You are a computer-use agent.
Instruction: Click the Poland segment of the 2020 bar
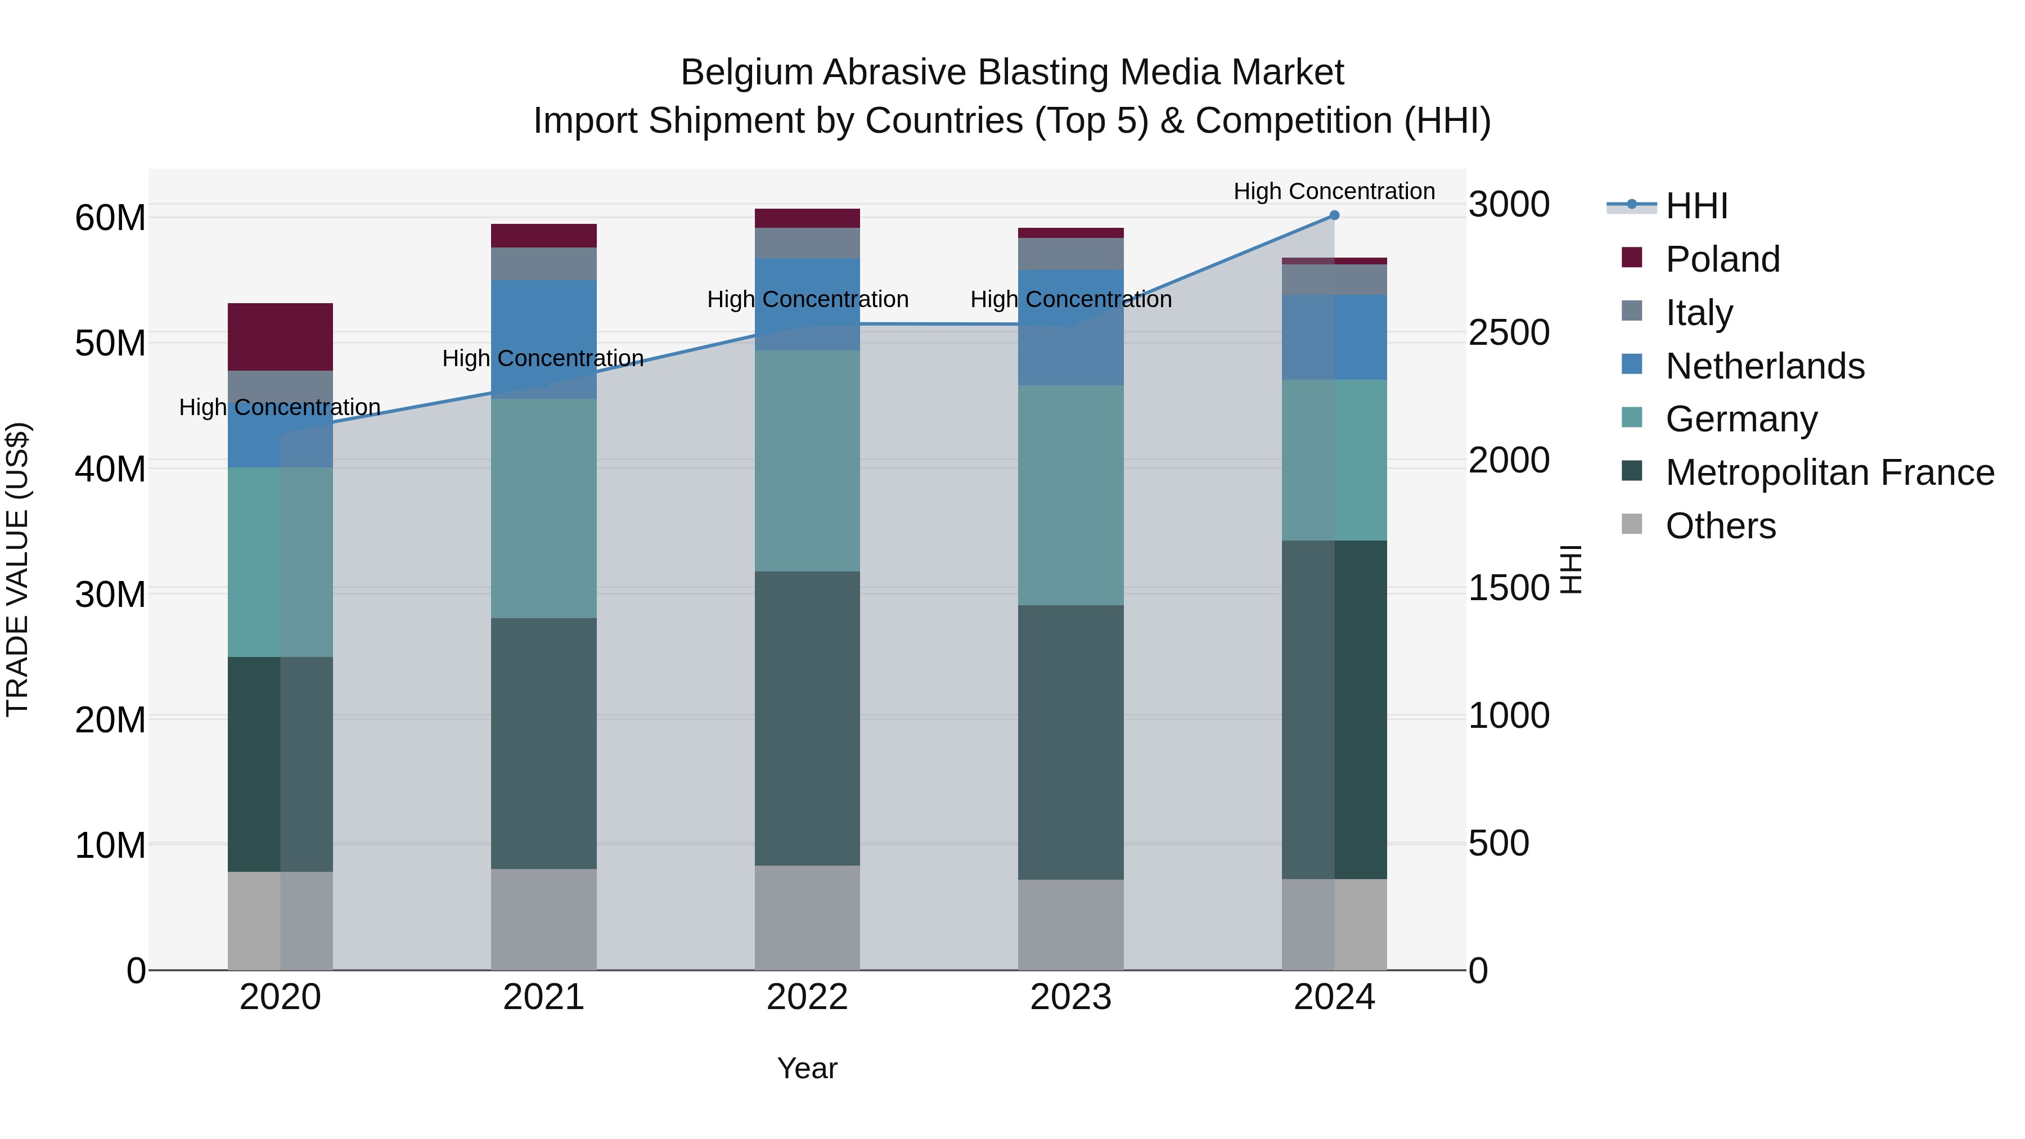pos(280,336)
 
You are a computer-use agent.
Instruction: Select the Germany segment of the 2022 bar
pos(807,461)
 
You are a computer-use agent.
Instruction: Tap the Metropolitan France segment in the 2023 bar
pos(1070,742)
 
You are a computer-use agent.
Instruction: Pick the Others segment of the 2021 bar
pos(543,919)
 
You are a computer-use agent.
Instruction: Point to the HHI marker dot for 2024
pos(1334,215)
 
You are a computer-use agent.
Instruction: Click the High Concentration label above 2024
pos(1334,191)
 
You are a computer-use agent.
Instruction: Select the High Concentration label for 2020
pos(280,407)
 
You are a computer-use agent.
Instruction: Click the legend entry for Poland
pos(1722,259)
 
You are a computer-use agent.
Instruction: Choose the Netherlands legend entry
pos(1764,366)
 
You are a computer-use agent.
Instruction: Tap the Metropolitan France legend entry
pos(1829,472)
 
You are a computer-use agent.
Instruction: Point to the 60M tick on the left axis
pos(110,218)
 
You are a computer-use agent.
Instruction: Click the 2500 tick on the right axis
pos(1509,332)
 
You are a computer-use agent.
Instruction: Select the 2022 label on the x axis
pos(807,997)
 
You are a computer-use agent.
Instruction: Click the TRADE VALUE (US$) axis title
pos(17,569)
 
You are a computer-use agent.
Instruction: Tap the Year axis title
pos(807,1068)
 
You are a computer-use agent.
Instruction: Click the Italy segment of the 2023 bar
pos(1070,254)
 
